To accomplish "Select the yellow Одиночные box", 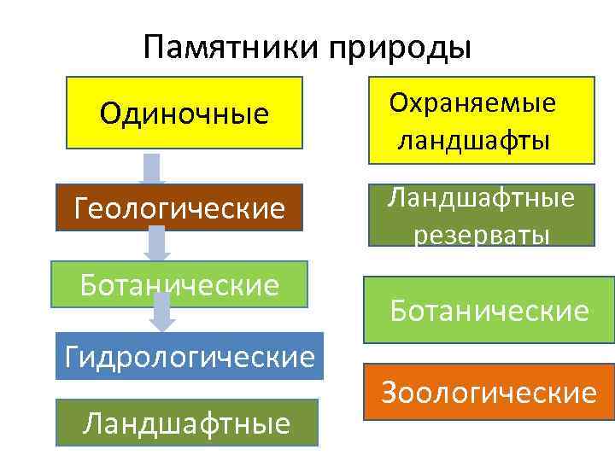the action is (184, 112).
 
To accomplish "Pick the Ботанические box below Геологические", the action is (180, 283).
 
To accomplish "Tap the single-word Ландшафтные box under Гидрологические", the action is (187, 422).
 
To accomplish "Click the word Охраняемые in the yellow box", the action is (472, 104).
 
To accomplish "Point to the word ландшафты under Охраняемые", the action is (472, 138).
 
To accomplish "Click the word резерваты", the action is (482, 233).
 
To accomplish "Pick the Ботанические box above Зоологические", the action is (489, 310).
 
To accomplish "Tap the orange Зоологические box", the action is (489, 392).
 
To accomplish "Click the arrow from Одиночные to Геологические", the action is (153, 169).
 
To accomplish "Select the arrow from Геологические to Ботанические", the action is (156, 243).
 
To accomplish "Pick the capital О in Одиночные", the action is (110, 112).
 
